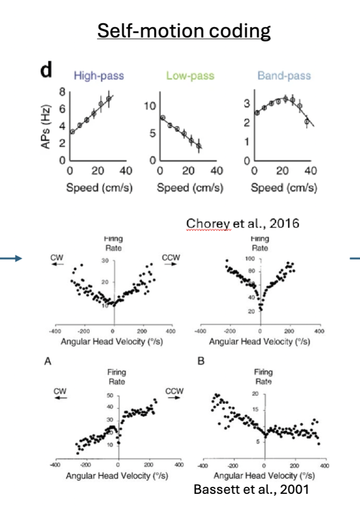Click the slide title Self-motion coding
[x=184, y=31]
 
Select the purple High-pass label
[x=98, y=76]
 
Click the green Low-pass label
[x=186, y=76]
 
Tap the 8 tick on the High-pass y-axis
[x=62, y=91]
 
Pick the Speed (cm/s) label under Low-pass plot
[x=188, y=188]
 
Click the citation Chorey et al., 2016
[x=242, y=223]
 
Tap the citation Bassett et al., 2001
[x=251, y=489]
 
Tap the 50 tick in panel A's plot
[x=110, y=396]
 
